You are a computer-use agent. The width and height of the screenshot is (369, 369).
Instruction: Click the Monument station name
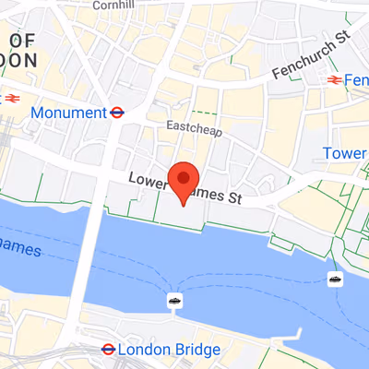tap(68, 113)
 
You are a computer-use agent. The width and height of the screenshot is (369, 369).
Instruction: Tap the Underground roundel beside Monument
tap(117, 113)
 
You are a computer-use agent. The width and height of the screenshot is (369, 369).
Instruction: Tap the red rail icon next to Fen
tap(334, 81)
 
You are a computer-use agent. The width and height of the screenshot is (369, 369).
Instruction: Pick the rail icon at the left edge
tap(12, 96)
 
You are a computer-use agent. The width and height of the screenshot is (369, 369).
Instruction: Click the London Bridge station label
tap(171, 350)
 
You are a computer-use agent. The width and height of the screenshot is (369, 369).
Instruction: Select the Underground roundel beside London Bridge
tap(108, 350)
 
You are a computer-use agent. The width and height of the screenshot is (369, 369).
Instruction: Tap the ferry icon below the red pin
tap(173, 300)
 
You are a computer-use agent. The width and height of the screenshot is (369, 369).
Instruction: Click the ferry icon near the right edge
tap(333, 279)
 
